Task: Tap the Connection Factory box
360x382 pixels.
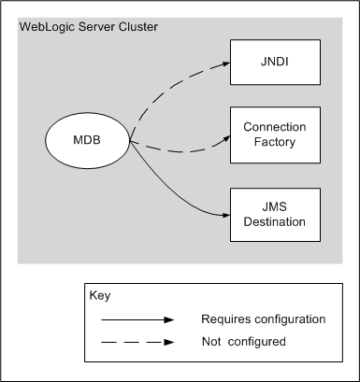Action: tap(275, 134)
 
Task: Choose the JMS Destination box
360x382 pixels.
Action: tap(275, 215)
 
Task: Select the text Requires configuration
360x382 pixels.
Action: tap(263, 319)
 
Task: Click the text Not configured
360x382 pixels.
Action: tap(243, 343)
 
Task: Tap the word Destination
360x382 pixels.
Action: tap(275, 223)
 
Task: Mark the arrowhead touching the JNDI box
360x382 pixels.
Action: tap(223, 65)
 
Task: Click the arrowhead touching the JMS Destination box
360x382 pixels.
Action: tap(223, 215)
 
